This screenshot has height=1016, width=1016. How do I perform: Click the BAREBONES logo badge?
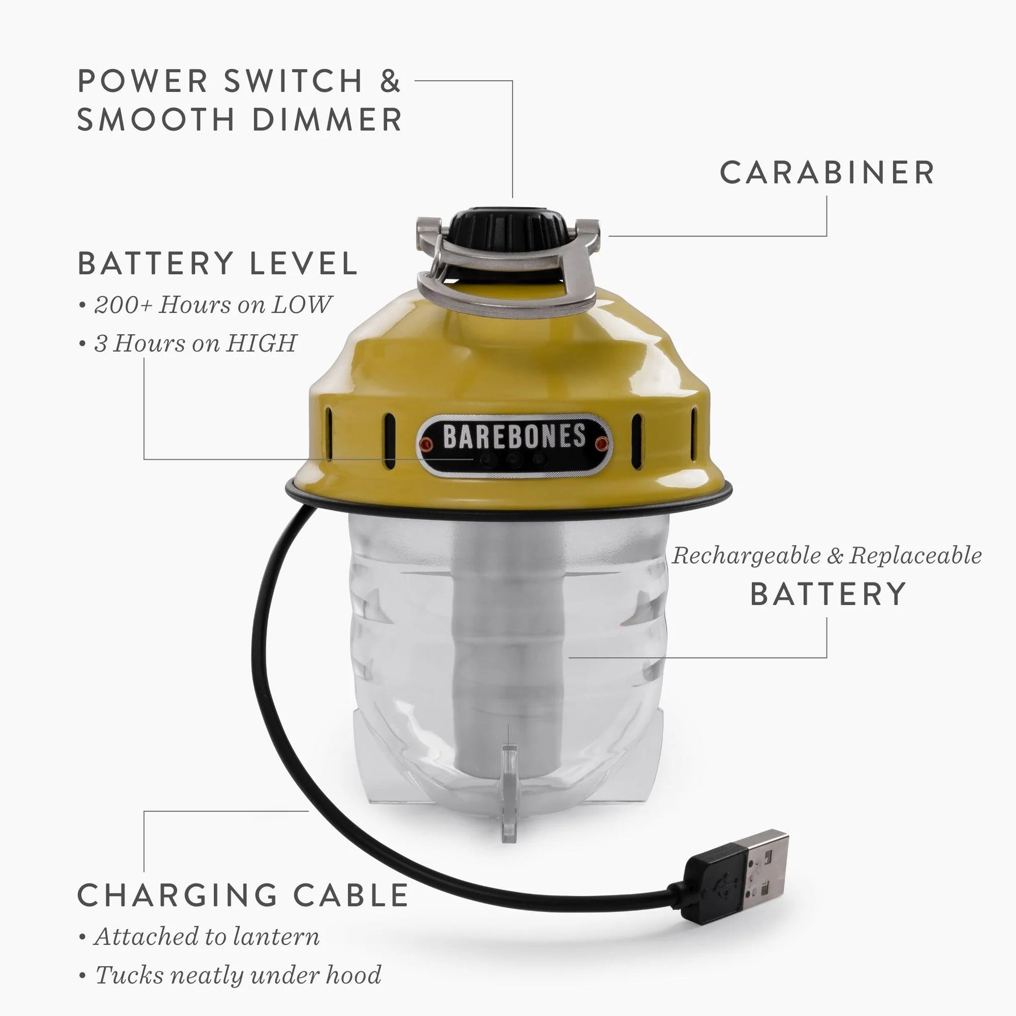[514, 445]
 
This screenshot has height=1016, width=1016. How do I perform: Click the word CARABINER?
[827, 172]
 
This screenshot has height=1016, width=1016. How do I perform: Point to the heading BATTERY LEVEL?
[218, 263]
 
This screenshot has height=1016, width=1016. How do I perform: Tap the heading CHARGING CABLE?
[243, 895]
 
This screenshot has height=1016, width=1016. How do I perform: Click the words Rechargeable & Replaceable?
[827, 556]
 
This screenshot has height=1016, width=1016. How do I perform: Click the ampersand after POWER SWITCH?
[390, 80]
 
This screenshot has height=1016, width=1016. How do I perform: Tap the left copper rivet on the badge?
[427, 444]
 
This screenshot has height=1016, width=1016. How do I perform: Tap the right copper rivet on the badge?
[602, 444]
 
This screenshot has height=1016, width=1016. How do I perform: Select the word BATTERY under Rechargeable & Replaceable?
[828, 594]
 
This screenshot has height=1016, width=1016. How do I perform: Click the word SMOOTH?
[156, 119]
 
